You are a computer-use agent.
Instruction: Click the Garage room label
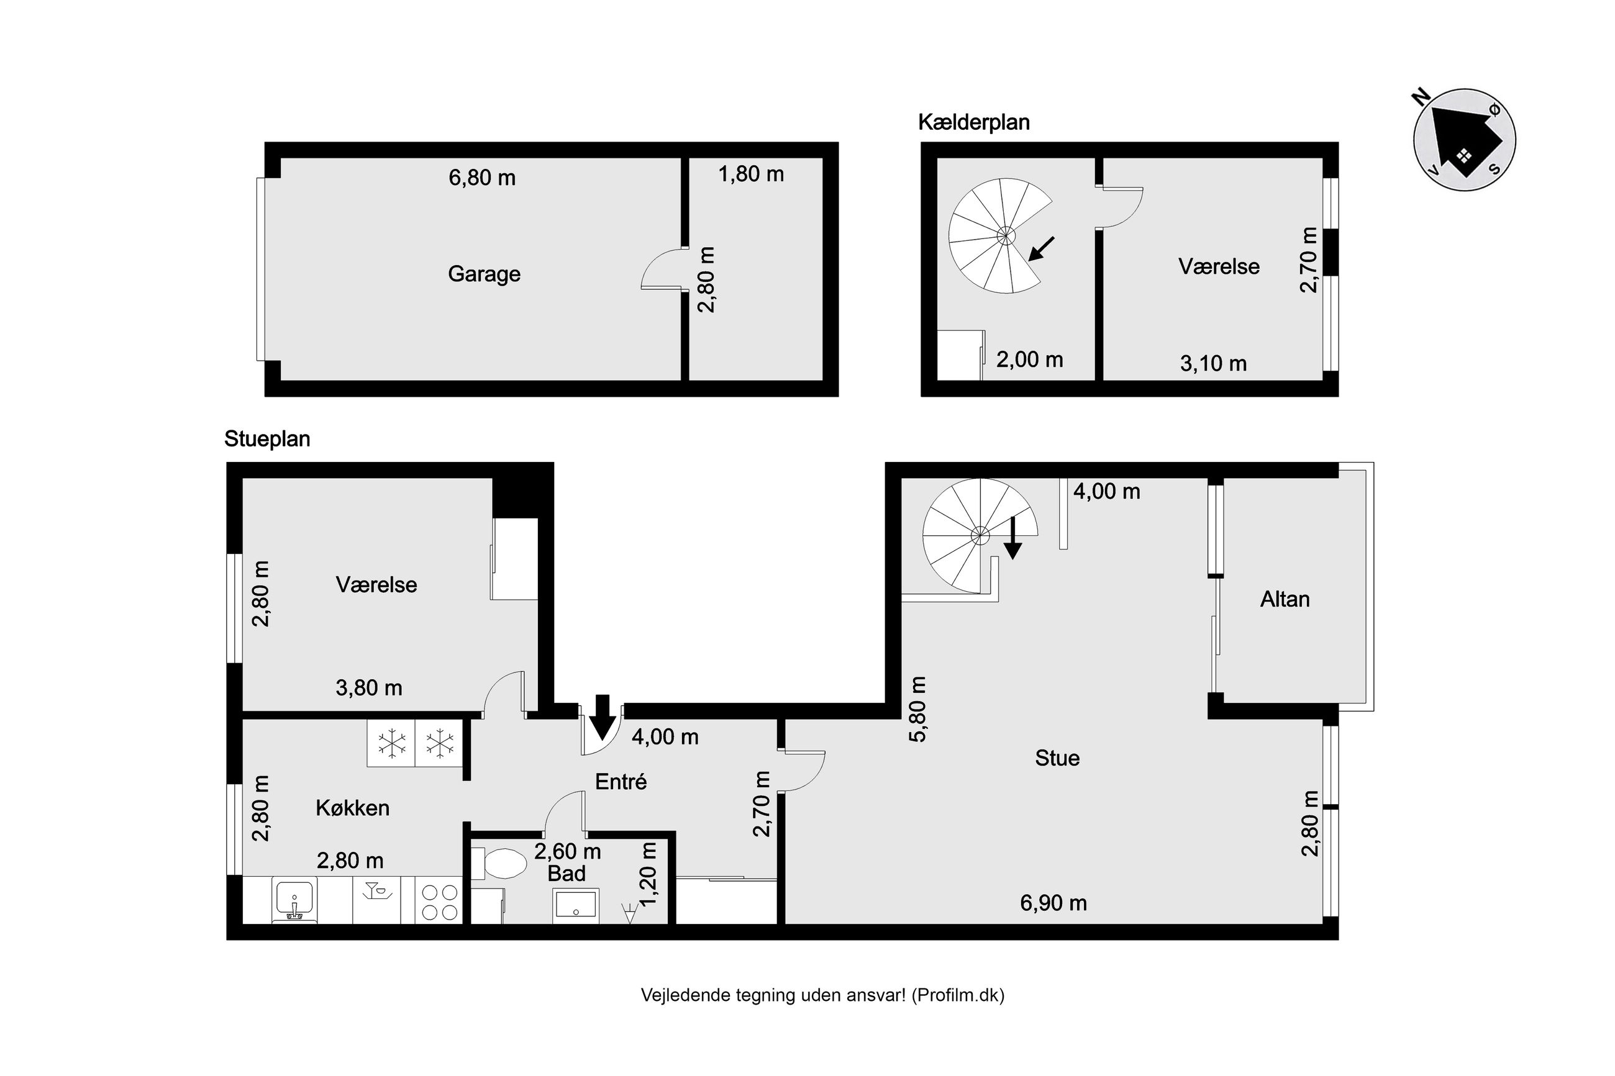pyautogui.click(x=484, y=274)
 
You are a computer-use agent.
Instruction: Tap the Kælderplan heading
pyautogui.click(x=973, y=122)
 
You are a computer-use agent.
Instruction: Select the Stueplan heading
pyautogui.click(x=267, y=438)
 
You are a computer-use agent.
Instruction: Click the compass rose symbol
pyautogui.click(x=1464, y=139)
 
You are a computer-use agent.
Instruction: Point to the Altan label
pyautogui.click(x=1284, y=599)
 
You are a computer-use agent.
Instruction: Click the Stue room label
pyautogui.click(x=1057, y=757)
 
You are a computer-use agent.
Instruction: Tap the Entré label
pyautogui.click(x=621, y=781)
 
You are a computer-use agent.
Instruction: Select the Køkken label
pyautogui.click(x=352, y=808)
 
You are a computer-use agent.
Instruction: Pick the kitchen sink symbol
pyautogui.click(x=295, y=900)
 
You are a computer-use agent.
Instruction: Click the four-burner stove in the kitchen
pyautogui.click(x=439, y=902)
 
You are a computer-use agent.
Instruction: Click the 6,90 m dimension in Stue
pyautogui.click(x=1053, y=903)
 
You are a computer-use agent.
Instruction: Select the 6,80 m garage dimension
pyautogui.click(x=482, y=178)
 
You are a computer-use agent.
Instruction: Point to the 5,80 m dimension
pyautogui.click(x=917, y=710)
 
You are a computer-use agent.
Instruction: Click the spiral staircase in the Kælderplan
pyautogui.click(x=999, y=235)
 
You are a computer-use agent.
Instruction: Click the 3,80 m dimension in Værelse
pyautogui.click(x=368, y=687)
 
